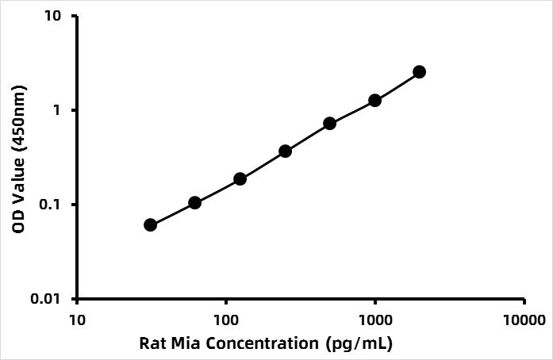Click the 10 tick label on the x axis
pos(77,320)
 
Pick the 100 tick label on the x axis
pos(226,320)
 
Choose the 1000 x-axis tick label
pos(375,320)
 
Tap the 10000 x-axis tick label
pos(524,320)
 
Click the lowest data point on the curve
pos(150,225)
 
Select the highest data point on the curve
pos(420,72)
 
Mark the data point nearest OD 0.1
pos(194,203)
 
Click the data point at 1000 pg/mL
pos(374,101)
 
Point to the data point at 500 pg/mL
pos(329,124)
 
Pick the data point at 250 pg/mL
pos(285,151)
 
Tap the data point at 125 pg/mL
pos(240,179)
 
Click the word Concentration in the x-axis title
pos(262,343)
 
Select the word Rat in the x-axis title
pos(151,343)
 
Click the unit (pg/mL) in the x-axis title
pos(359,344)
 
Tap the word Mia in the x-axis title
pos(184,343)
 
